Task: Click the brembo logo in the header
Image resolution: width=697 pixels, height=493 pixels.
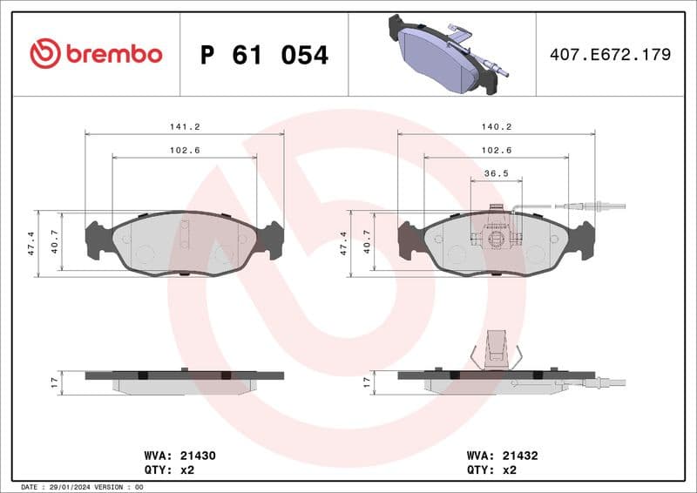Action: (x=96, y=54)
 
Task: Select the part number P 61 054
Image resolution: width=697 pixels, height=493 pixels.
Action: (x=264, y=55)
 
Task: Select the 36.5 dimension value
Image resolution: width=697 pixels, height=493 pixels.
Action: (x=496, y=173)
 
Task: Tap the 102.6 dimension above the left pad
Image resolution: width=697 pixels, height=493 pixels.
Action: (x=185, y=150)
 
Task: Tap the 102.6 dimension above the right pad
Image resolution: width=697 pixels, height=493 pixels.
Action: (x=496, y=150)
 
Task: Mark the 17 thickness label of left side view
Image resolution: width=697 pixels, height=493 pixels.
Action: (x=54, y=382)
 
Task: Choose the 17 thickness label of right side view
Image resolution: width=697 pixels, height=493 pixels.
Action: (x=367, y=382)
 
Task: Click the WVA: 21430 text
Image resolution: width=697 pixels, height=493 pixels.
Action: (x=179, y=455)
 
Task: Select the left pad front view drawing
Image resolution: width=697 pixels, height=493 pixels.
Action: (x=185, y=243)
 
